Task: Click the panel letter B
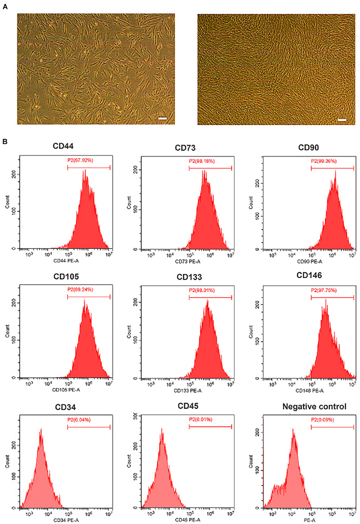tap(5, 141)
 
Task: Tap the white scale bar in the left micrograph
tap(162, 118)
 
